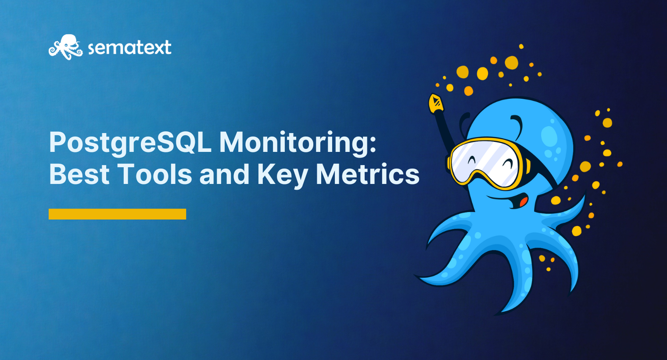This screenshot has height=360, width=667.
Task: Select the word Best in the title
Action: [x=79, y=174]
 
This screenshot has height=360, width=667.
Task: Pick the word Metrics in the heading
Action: [x=368, y=174]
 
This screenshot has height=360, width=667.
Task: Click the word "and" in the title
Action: [x=224, y=174]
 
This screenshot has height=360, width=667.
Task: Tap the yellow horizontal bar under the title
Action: [x=117, y=214]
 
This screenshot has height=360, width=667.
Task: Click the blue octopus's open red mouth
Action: [x=523, y=202]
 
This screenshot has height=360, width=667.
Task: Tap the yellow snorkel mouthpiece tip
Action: [x=436, y=103]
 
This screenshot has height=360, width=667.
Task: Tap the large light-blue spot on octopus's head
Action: [x=549, y=136]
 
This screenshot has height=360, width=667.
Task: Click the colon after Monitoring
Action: [x=373, y=143]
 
